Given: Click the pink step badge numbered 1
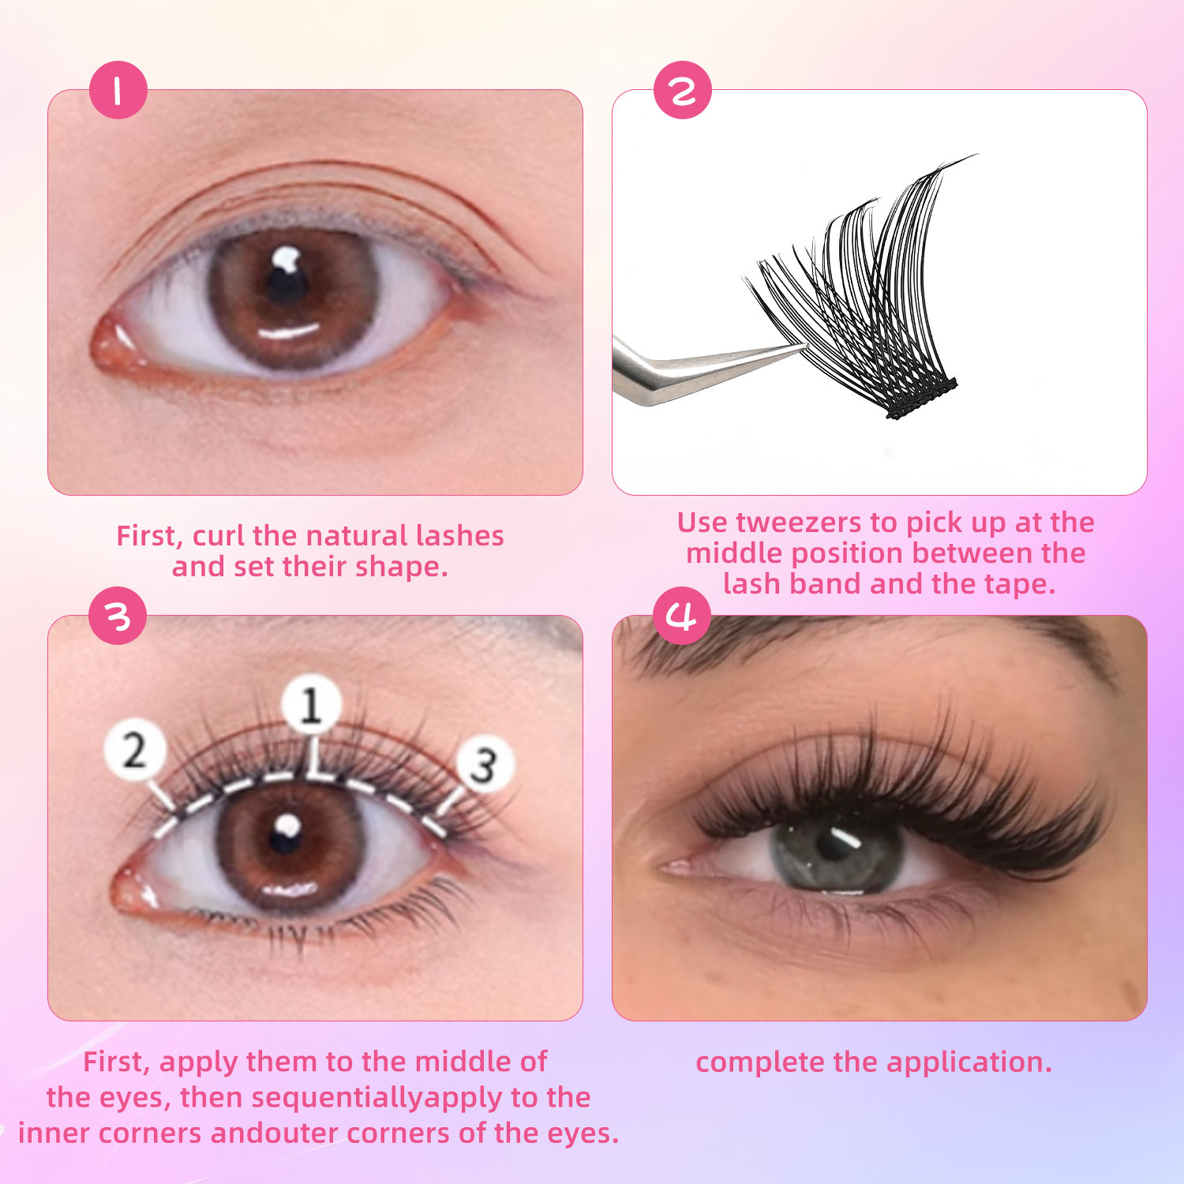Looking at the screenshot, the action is [x=118, y=90].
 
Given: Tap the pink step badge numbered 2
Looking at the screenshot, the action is [x=683, y=90].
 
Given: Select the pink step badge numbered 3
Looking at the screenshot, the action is [x=118, y=616].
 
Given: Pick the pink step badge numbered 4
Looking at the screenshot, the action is [x=683, y=616].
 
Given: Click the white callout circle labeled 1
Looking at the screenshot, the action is [x=312, y=704].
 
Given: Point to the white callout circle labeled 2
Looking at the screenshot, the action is [x=135, y=750].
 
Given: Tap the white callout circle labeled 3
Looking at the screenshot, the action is [x=485, y=764].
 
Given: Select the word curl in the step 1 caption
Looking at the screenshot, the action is [x=219, y=536].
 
